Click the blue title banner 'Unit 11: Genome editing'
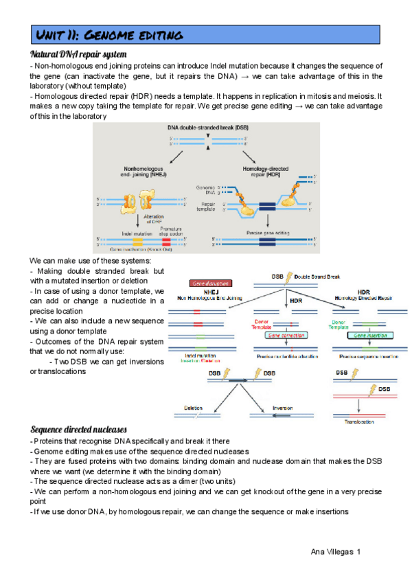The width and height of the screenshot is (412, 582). point(205,34)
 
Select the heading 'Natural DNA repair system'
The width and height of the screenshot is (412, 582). point(78,54)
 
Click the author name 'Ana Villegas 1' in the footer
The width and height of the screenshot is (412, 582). point(336,552)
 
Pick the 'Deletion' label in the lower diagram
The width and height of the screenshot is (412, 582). point(193,408)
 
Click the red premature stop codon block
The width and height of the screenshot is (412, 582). point(167,240)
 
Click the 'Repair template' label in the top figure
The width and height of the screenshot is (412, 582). point(207,207)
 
